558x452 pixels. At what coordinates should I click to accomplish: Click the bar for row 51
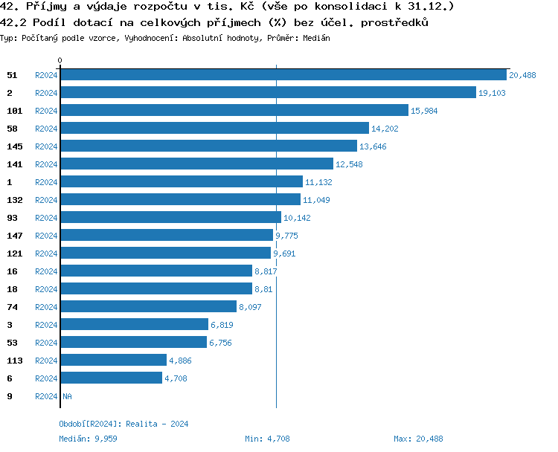283,75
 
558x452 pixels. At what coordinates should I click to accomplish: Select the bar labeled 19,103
268,93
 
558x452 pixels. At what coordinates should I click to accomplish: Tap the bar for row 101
234,111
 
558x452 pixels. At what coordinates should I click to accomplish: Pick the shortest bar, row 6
111,378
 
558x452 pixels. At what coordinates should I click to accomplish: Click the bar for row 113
113,361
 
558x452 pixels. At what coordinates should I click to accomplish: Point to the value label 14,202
386,129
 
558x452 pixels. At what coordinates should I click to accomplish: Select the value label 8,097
250,307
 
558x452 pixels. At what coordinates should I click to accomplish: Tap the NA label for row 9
67,396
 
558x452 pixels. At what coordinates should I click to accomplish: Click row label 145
15,146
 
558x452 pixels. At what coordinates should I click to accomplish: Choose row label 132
15,200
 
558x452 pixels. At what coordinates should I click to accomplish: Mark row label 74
12,307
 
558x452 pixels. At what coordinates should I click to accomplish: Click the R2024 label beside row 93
46,218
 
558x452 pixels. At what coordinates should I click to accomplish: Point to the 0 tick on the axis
60,60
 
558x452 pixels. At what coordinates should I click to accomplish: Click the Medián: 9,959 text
88,439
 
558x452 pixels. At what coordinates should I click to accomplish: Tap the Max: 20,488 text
418,439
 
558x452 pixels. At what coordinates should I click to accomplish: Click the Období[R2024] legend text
91,424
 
